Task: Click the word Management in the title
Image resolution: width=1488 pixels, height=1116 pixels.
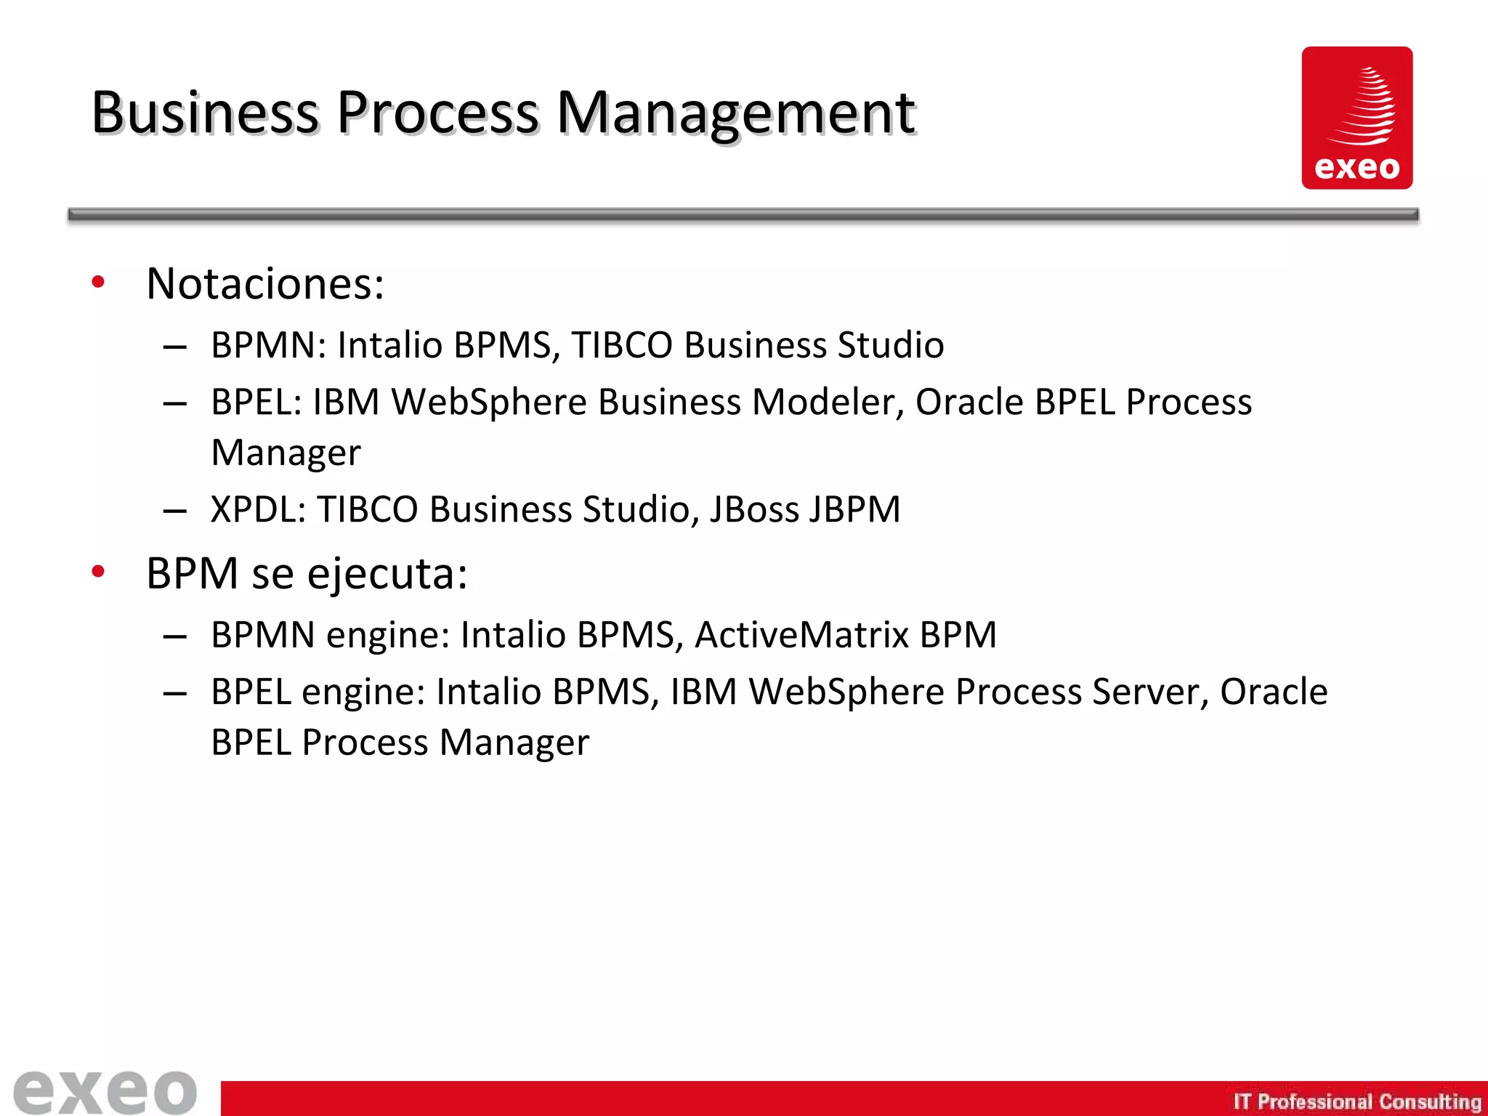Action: click(735, 114)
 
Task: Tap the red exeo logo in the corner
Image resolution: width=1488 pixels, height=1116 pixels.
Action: click(1356, 118)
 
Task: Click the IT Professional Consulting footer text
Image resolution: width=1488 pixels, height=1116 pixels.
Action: click(1356, 1101)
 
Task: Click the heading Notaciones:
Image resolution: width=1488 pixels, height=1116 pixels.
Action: click(264, 283)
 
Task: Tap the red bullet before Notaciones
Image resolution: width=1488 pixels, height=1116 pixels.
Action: click(98, 282)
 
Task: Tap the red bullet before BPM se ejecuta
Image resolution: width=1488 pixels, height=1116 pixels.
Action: click(98, 572)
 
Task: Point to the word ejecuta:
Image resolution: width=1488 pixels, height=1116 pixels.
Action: click(387, 574)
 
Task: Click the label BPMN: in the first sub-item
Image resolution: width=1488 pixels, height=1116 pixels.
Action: click(268, 345)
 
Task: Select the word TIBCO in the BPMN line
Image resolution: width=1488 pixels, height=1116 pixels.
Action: click(622, 345)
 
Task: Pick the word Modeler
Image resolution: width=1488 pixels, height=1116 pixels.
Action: click(828, 402)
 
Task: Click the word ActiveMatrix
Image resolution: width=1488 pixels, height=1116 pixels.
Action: click(801, 635)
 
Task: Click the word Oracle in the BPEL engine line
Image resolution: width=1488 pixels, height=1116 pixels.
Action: click(1273, 692)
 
